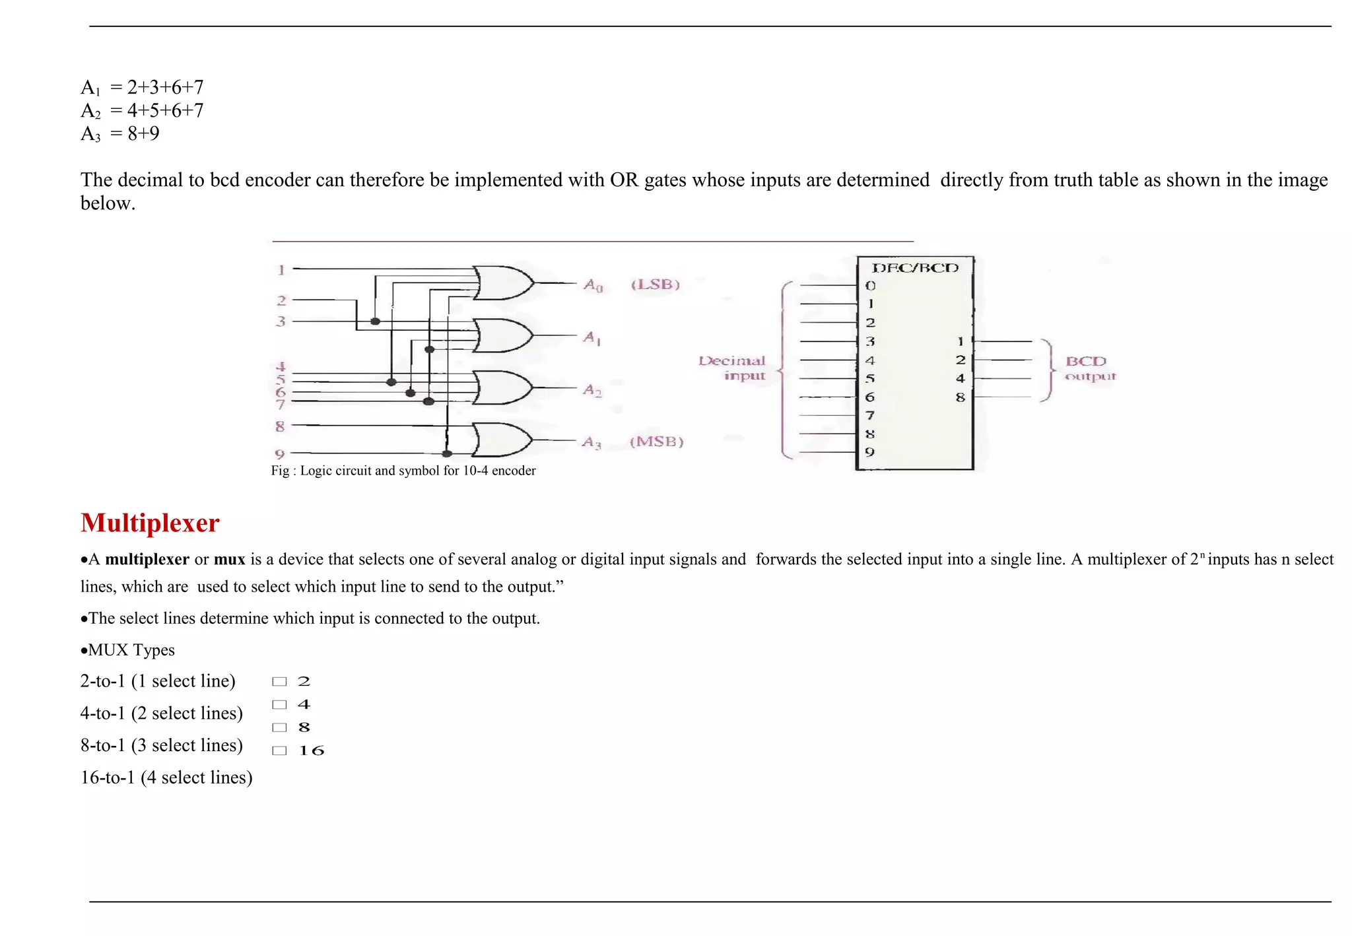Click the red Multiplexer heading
[x=150, y=523]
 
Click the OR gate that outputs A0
[x=503, y=283]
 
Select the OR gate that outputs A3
[x=502, y=440]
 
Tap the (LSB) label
[x=655, y=284]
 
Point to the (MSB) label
[x=656, y=442]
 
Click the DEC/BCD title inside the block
[x=915, y=268]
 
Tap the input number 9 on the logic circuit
[x=280, y=454]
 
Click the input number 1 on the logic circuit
[x=281, y=270]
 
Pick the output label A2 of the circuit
[x=592, y=390]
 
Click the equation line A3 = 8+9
[x=120, y=134]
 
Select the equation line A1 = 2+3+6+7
[x=142, y=88]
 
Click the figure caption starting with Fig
[x=403, y=471]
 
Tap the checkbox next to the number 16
[x=280, y=751]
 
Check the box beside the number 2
[x=280, y=681]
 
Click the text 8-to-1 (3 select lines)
[x=162, y=745]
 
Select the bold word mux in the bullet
[x=229, y=560]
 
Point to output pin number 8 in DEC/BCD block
[x=960, y=397]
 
